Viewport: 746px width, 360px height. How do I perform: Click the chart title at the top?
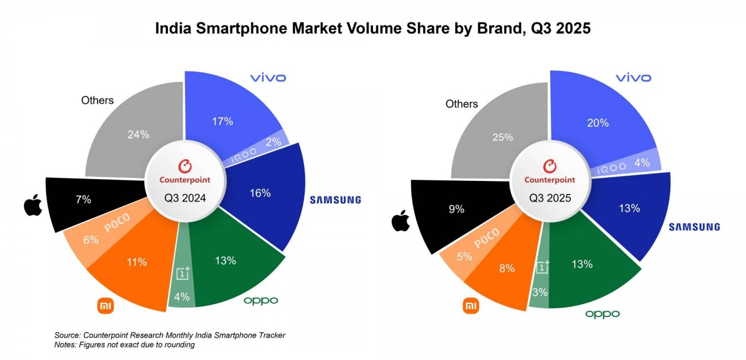[372, 29]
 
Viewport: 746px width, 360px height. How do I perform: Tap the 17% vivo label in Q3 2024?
[222, 121]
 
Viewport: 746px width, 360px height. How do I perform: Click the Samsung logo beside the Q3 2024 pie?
[336, 200]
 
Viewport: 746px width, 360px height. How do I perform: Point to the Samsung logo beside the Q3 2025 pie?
[694, 227]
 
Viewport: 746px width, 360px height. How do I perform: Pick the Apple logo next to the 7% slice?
[32, 205]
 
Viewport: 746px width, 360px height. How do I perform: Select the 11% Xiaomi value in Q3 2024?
[136, 262]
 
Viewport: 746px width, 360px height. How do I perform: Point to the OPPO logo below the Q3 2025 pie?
[602, 314]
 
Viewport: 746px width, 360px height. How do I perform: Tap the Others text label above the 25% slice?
[462, 104]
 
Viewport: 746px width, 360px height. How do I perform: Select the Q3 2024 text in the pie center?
[184, 198]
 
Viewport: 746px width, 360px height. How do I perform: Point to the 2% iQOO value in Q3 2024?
[274, 141]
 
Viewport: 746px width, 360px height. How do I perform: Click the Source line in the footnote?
[170, 335]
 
